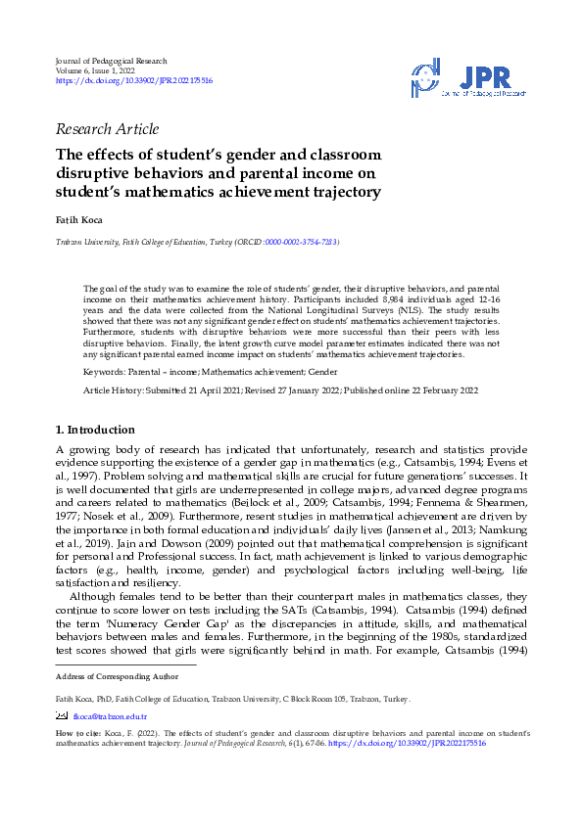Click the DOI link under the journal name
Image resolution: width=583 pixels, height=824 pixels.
[134, 81]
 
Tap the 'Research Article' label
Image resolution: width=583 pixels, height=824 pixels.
[108, 129]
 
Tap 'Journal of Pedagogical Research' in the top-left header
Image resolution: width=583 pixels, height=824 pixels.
[111, 61]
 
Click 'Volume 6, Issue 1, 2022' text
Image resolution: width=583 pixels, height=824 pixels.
[101, 70]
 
